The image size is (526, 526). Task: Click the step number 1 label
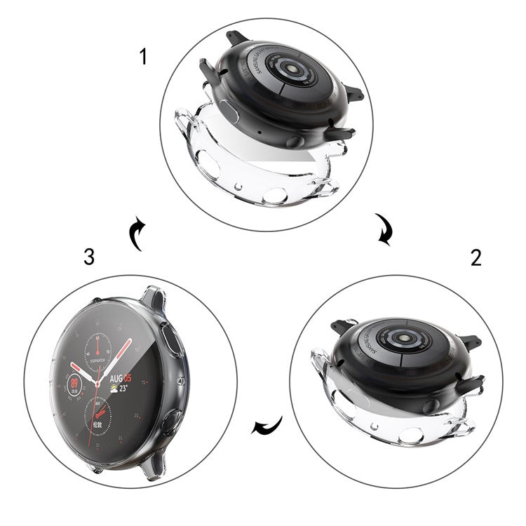point(144,56)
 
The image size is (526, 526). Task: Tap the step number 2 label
point(476,257)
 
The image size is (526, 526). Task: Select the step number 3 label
point(88,257)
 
